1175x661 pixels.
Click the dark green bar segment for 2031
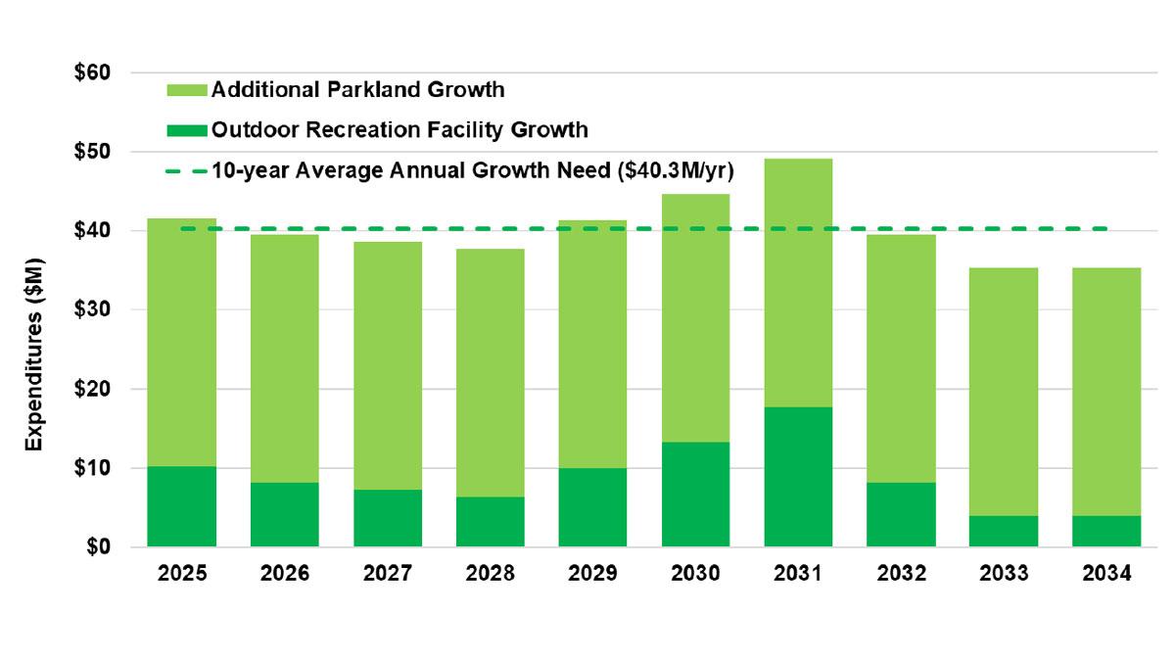pos(798,477)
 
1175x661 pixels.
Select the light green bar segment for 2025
pos(182,343)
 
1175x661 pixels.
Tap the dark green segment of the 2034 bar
pos(1106,531)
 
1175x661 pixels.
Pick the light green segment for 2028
pos(490,372)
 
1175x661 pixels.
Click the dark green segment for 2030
pos(695,495)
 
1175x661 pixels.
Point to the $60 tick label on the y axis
pos(93,73)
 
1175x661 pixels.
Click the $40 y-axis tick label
pos(93,231)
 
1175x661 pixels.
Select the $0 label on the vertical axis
pos(98,547)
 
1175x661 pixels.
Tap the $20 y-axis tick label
pos(93,389)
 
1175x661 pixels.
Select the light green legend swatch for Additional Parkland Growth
pos(185,90)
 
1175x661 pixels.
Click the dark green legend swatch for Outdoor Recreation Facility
pos(185,129)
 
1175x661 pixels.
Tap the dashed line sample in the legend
pos(185,169)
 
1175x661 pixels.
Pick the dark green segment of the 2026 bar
pos(285,515)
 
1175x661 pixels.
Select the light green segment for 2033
pos(1004,392)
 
